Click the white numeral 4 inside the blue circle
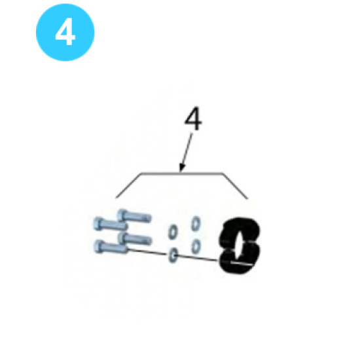(x=65, y=31)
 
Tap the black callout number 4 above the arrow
(x=193, y=118)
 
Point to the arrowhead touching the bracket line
(x=182, y=168)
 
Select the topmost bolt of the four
(x=134, y=216)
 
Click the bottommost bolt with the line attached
(x=111, y=247)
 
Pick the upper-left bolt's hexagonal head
(x=98, y=223)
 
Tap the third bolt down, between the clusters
(x=135, y=239)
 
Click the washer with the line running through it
(x=173, y=255)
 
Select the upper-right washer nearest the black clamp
(x=196, y=223)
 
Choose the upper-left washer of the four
(x=173, y=232)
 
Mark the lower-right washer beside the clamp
(x=196, y=246)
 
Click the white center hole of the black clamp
(x=239, y=245)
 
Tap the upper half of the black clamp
(x=241, y=227)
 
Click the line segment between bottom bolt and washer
(x=147, y=251)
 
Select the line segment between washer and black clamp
(x=197, y=258)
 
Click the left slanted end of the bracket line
(x=128, y=185)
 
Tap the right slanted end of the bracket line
(x=235, y=186)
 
